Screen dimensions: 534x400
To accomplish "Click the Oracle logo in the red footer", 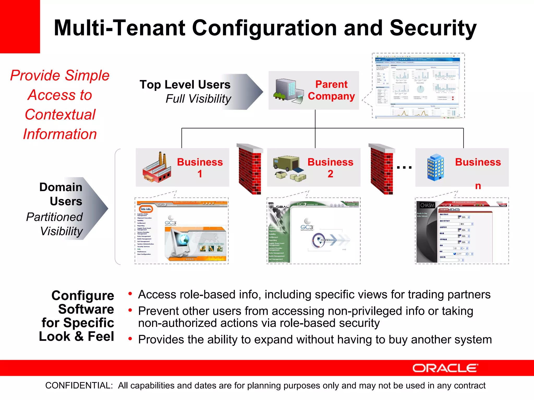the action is click(x=445, y=368).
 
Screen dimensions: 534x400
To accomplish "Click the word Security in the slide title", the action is click(x=433, y=28).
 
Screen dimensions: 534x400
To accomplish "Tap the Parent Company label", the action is click(x=331, y=90).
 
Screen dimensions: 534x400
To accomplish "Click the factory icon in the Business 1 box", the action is click(x=157, y=168).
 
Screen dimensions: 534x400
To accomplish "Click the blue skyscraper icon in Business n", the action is click(x=435, y=167).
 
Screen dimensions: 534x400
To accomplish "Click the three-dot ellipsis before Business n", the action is click(x=404, y=167).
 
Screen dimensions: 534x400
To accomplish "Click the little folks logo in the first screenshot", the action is click(x=146, y=209).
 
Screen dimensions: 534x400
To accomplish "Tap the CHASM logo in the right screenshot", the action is click(x=427, y=205).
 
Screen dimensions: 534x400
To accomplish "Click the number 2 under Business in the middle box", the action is click(x=330, y=174).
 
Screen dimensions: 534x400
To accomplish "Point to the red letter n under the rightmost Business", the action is click(x=478, y=186).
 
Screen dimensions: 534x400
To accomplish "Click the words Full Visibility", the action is click(x=198, y=99).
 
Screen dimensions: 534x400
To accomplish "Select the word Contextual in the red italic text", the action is click(x=60, y=115).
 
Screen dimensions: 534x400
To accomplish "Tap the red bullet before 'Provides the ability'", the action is click(x=130, y=339).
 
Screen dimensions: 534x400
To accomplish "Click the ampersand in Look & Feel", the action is click(x=79, y=336).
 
